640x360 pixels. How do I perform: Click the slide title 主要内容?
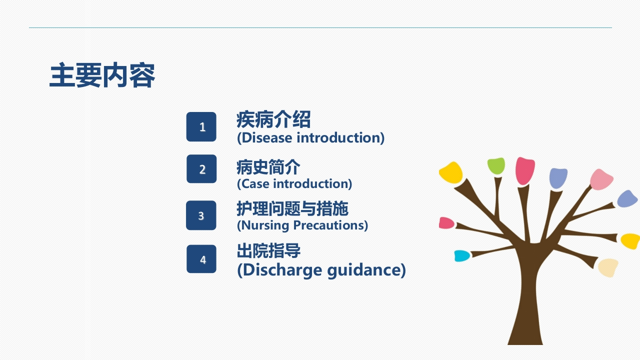tap(102, 75)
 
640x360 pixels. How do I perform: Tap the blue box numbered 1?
tap(201, 126)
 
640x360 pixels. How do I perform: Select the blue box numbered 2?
tap(201, 169)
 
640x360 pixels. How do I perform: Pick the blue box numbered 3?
tap(201, 215)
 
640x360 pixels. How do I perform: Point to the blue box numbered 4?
tap(201, 259)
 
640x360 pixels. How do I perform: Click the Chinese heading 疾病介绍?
tap(273, 119)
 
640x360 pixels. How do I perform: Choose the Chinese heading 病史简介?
tap(268, 167)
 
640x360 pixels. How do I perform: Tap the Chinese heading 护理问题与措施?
tap(292, 208)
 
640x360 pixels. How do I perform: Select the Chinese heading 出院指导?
tap(268, 250)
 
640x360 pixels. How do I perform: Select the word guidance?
tap(363, 270)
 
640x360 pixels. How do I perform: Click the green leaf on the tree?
tap(496, 165)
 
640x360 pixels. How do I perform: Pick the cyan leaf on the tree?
tap(462, 255)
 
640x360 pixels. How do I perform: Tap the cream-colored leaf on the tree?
tap(608, 267)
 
